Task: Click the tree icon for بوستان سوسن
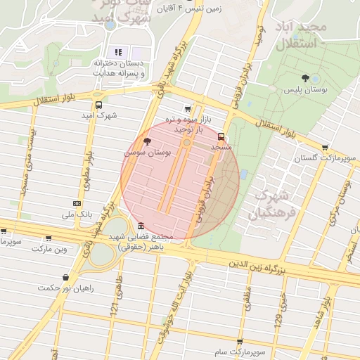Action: click(x=146, y=142)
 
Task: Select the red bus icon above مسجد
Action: click(x=221, y=136)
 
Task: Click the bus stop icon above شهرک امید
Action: click(x=98, y=104)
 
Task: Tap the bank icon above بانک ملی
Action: click(x=77, y=203)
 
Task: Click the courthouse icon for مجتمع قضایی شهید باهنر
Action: click(x=141, y=226)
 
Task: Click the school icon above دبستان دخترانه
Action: click(x=118, y=52)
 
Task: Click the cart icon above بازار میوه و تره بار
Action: click(x=186, y=109)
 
